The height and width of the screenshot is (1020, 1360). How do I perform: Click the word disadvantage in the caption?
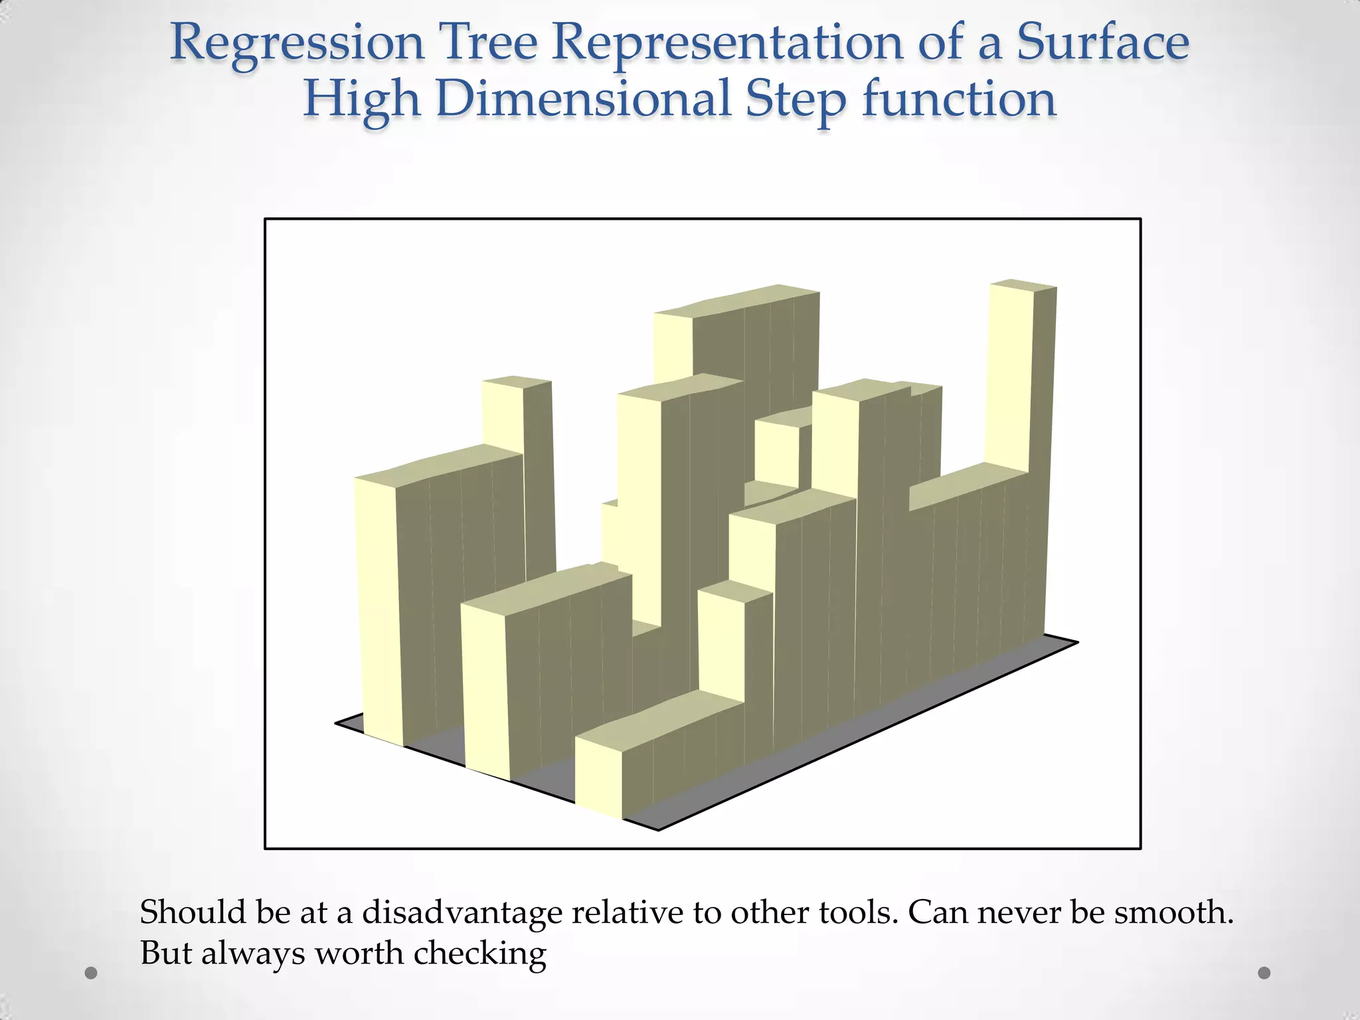[x=462, y=912]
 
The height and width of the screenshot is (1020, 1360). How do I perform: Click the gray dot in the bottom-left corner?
[x=92, y=974]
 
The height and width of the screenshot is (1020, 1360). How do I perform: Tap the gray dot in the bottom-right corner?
[x=1264, y=973]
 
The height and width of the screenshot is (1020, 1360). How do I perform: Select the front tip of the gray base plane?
[x=657, y=828]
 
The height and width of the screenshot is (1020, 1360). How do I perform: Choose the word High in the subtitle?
[x=361, y=100]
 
